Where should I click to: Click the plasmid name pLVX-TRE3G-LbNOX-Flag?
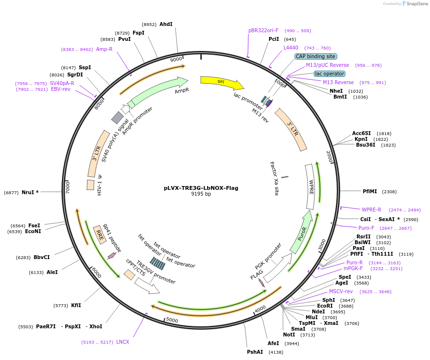coord(201,188)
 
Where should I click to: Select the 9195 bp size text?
coord(201,194)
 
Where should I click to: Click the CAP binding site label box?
coord(316,56)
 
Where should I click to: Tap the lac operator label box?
coord(329,74)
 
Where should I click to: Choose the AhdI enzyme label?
coord(166,24)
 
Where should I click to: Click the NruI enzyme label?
coord(30,192)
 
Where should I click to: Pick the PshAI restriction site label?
coord(255,352)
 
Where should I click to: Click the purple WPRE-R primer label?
coord(371,210)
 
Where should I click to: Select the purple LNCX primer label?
coord(123,342)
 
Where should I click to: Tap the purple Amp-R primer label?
coord(104,49)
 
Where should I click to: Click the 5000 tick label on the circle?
coord(172,321)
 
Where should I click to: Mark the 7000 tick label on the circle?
coord(68,187)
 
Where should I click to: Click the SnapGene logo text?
coord(417,4)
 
